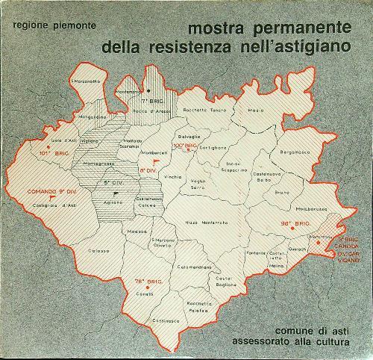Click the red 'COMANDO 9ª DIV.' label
50,192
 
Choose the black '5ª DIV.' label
113,182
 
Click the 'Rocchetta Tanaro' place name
213,111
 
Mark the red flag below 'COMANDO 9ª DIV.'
51,199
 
